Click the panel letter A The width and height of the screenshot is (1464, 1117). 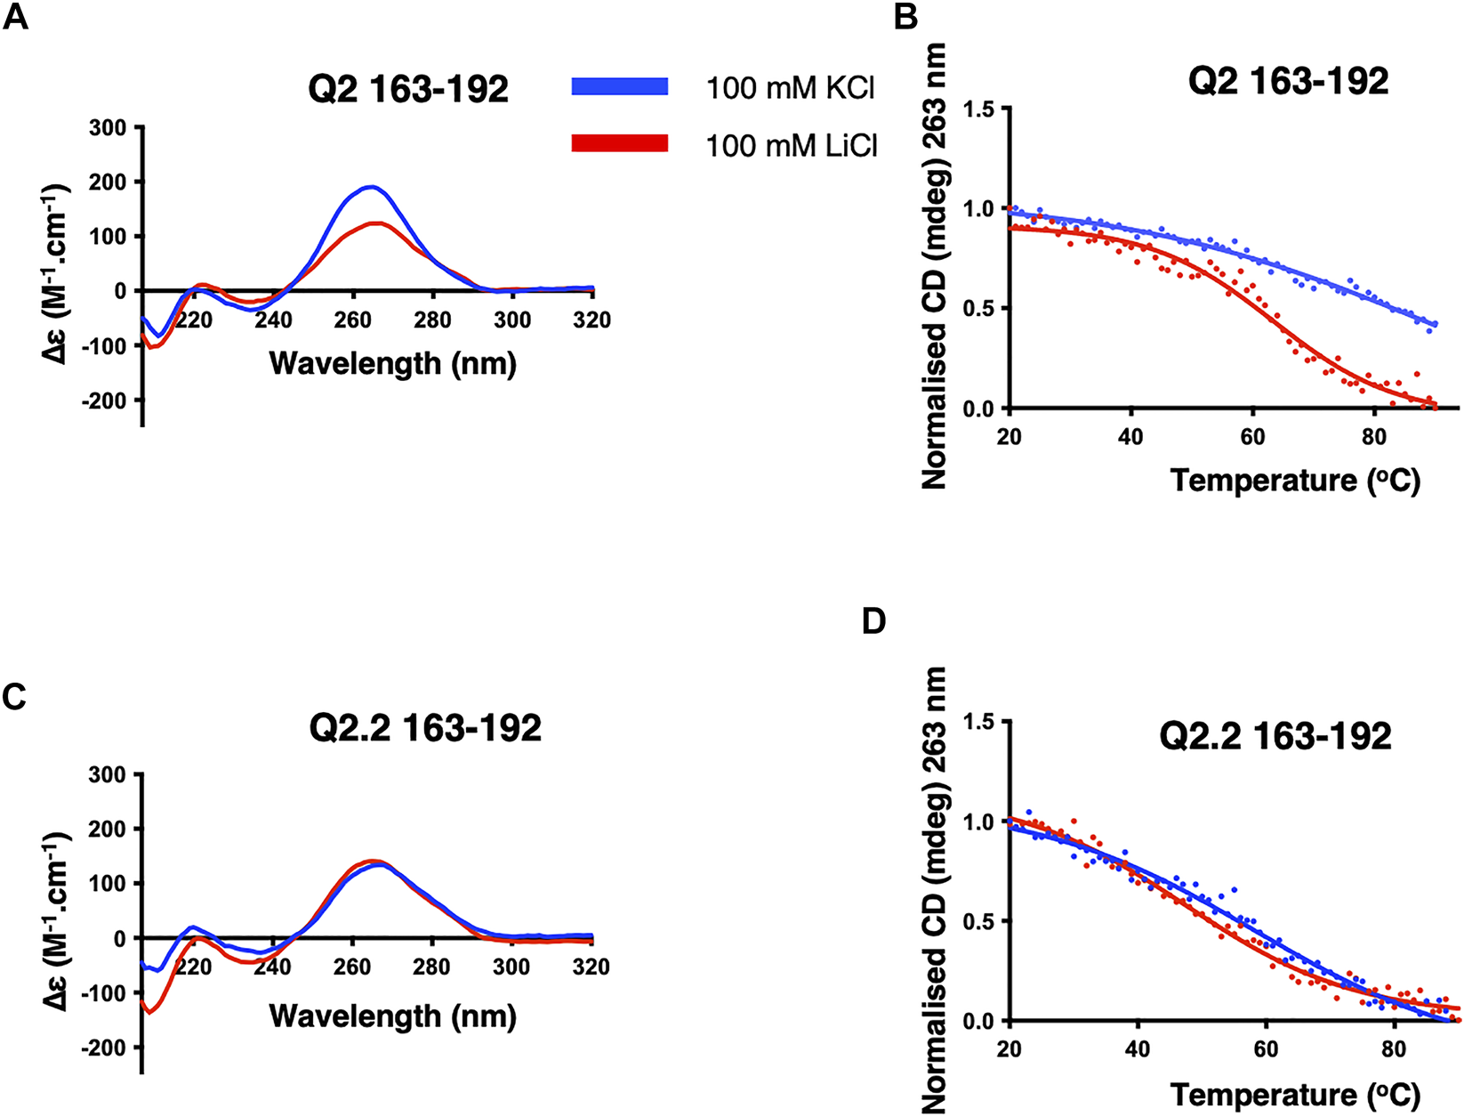pos(15,17)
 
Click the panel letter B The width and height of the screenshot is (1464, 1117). pos(905,17)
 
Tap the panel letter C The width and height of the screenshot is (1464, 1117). pos(15,698)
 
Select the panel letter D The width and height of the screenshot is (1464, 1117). pos(873,620)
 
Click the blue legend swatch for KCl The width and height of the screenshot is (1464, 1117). pos(619,86)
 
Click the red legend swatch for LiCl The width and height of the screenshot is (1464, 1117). pos(619,143)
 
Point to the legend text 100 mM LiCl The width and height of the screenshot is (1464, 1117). pos(792,144)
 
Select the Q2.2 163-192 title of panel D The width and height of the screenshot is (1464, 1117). pos(1275,736)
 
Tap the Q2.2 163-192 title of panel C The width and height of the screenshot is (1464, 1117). pos(425,729)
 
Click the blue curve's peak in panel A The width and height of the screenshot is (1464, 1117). pos(372,186)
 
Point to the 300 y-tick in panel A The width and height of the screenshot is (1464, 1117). pos(109,127)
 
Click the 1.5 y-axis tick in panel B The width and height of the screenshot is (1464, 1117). pos(979,109)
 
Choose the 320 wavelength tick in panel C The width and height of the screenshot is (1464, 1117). pos(591,967)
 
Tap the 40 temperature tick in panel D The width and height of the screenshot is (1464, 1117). pos(1137,1048)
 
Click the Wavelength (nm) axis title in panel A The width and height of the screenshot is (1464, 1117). pos(392,363)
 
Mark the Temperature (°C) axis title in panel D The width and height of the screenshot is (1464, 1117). pos(1294,1094)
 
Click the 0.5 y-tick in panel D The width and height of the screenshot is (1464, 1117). pos(979,920)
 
